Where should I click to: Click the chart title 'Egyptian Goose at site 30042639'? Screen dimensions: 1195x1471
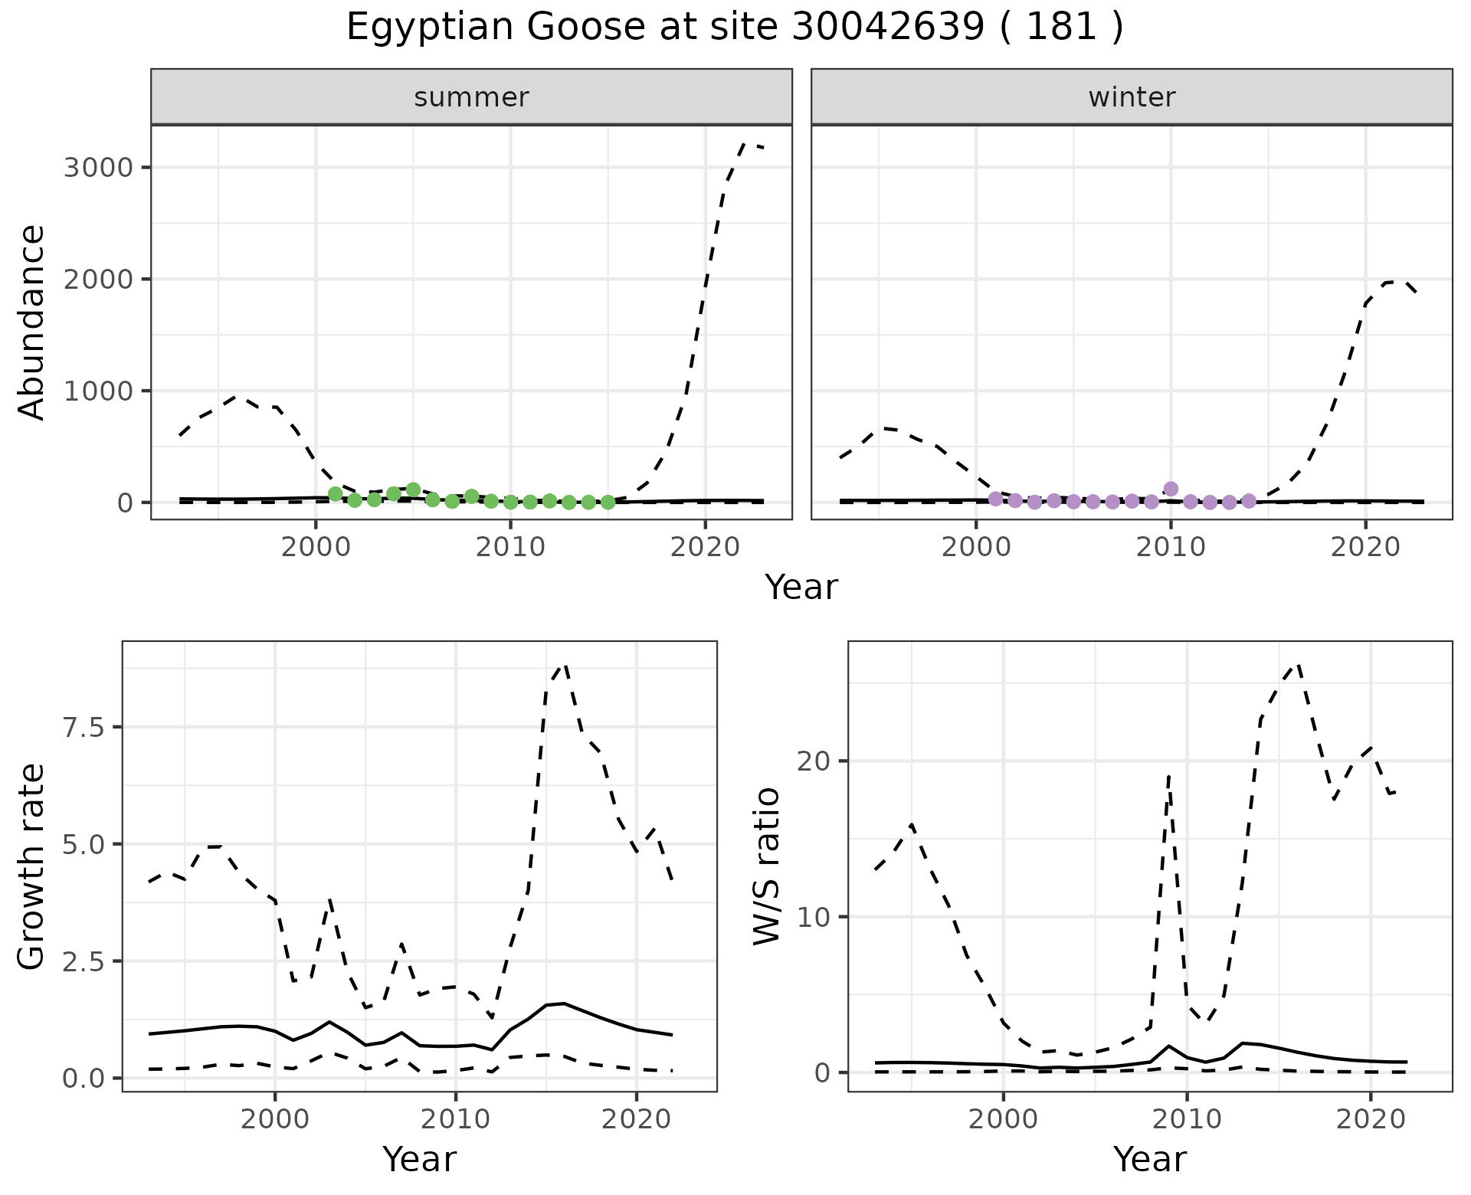click(x=734, y=28)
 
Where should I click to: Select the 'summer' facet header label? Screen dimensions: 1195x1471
click(x=471, y=97)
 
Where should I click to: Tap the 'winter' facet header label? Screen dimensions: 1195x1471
click(x=1132, y=97)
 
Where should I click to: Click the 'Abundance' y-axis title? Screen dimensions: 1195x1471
click(x=32, y=322)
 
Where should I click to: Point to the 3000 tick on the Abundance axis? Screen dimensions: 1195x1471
click(x=100, y=168)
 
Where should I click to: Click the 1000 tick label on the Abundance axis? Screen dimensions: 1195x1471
click(x=100, y=391)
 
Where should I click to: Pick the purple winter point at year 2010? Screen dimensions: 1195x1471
click(x=1170, y=489)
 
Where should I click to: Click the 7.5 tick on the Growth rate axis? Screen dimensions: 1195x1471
click(x=83, y=727)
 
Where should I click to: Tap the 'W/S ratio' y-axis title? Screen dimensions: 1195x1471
click(x=766, y=866)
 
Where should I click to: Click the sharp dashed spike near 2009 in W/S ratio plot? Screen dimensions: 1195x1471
click(x=1168, y=777)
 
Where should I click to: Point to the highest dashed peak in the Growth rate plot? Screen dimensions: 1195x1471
click(x=565, y=666)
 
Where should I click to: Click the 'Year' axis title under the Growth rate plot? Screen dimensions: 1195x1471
click(x=419, y=1159)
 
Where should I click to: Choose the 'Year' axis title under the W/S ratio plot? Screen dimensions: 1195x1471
click(x=1149, y=1159)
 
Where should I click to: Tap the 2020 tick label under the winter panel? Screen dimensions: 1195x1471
click(x=1365, y=548)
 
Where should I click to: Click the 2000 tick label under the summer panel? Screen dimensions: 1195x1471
click(x=316, y=548)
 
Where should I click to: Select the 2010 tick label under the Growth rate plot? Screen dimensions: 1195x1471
click(x=456, y=1119)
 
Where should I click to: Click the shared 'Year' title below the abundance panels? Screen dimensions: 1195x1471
click(x=801, y=588)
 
